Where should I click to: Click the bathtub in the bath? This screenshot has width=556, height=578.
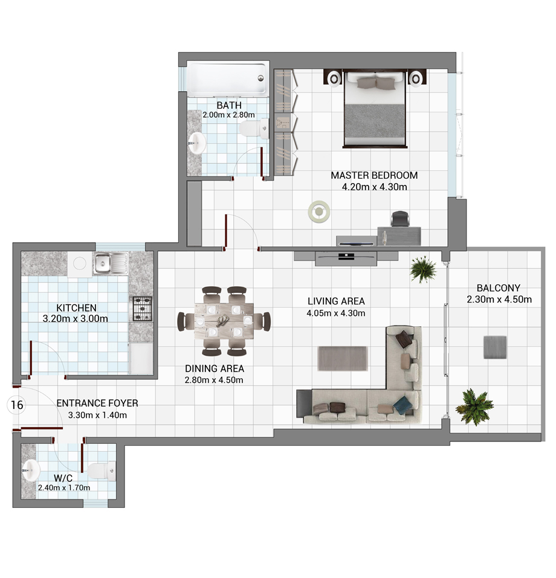[x=227, y=79]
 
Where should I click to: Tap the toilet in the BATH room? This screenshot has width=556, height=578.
[x=254, y=129]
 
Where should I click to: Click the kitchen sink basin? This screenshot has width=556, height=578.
[x=103, y=263]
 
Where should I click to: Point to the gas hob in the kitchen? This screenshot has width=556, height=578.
[x=143, y=309]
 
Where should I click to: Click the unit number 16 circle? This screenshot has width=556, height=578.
[x=17, y=405]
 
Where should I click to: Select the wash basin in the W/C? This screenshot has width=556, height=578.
[x=31, y=470]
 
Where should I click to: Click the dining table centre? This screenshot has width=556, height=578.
[x=224, y=321]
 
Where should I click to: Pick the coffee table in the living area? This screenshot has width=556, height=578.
[x=343, y=358]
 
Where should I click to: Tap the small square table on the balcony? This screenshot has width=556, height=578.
[x=495, y=347]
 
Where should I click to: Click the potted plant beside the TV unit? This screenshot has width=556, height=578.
[x=423, y=269]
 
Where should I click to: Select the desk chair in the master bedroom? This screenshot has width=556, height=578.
[x=400, y=219]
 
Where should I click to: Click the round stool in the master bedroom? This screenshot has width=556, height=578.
[x=318, y=211]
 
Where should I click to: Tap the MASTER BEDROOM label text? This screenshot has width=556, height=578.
[x=374, y=176]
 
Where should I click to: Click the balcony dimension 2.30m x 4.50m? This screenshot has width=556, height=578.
[x=499, y=300]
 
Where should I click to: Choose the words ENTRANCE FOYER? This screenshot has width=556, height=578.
[x=97, y=403]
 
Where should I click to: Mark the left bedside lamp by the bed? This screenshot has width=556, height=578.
[x=334, y=79]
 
